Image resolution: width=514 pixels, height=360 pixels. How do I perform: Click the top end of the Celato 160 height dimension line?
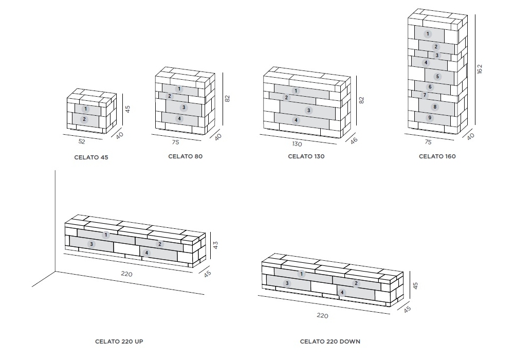[x=474, y=15]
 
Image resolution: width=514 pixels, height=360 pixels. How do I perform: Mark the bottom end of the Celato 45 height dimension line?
[x=123, y=125]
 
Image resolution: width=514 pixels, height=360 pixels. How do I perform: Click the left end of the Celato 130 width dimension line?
[x=260, y=134]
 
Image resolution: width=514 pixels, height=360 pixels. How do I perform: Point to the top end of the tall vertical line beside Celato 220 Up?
[x=55, y=171]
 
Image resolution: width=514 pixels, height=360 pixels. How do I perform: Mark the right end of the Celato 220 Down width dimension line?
[x=390, y=314]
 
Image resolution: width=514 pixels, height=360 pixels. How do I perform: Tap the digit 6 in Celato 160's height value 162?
[x=480, y=69]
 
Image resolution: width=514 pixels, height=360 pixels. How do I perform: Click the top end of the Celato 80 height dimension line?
[x=223, y=73]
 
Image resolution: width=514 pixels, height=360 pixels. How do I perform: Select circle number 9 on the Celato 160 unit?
[x=430, y=118]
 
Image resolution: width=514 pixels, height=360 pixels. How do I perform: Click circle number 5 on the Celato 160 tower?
[x=437, y=77]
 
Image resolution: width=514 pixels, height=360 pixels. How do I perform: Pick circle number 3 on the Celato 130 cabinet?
[x=308, y=111]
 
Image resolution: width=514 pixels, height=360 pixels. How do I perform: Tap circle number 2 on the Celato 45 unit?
[x=84, y=119]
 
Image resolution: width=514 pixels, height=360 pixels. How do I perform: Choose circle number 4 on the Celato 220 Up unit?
[x=146, y=253]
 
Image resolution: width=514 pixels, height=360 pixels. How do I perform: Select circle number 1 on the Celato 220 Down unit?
[x=301, y=274]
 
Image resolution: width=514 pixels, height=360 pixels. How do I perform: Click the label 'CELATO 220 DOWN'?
[x=330, y=341]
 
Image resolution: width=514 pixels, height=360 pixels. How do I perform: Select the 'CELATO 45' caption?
[x=91, y=157]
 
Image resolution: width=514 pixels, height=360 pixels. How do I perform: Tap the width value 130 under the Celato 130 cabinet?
[x=297, y=143]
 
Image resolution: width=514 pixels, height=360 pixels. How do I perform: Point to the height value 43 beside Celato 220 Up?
[x=215, y=245]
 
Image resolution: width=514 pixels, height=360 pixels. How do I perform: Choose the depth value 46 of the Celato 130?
[x=354, y=140]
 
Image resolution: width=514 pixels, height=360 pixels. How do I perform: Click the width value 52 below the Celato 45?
[x=82, y=141]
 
